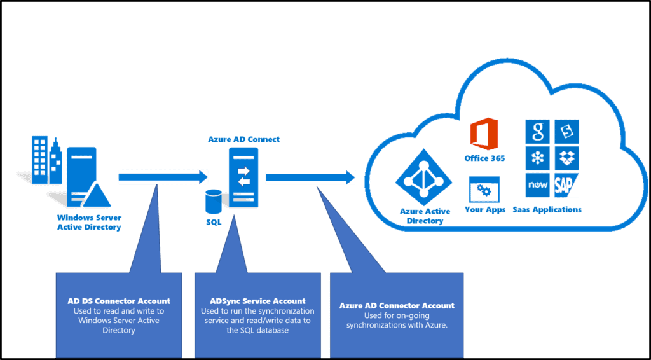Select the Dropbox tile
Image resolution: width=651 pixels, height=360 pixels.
566,158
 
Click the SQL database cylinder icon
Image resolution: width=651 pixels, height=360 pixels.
213,204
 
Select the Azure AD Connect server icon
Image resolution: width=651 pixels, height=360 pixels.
243,177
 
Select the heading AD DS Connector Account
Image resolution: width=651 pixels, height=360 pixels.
119,301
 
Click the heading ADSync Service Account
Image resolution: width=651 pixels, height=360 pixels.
257,301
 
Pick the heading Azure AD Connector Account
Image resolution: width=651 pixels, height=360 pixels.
397,305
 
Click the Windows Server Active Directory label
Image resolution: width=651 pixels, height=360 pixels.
88,223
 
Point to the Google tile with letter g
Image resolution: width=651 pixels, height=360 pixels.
538,132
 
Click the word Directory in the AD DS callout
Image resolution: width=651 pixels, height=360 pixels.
119,331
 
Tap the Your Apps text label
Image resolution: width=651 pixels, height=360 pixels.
485,209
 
